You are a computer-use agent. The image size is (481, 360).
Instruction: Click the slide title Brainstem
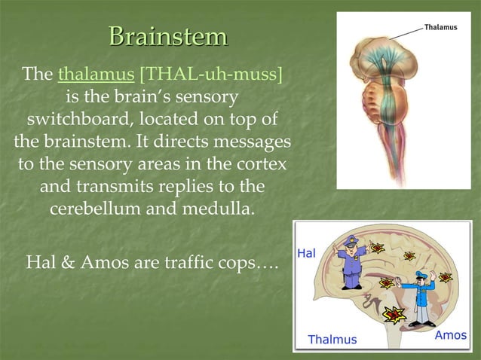coord(167,35)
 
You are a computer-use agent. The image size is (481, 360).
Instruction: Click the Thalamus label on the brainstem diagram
coord(441,27)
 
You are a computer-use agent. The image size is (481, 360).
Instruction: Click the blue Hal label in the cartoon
coord(307,254)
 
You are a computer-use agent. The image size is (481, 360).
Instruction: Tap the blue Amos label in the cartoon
coord(450,335)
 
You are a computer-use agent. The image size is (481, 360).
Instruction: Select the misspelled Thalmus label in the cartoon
coord(332,340)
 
